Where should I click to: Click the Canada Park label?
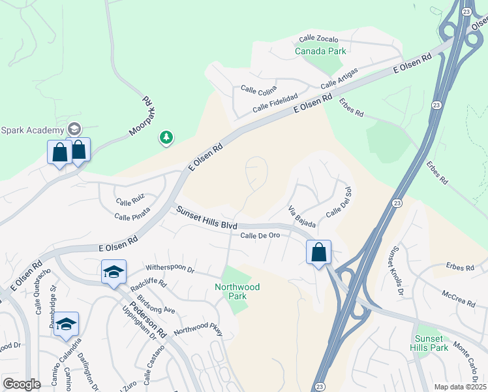click(x=320, y=51)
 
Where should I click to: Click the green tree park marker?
click(x=166, y=137)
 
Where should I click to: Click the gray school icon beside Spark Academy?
click(x=74, y=129)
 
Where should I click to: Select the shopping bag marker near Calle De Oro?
click(x=318, y=252)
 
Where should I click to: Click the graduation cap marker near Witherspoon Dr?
click(x=114, y=272)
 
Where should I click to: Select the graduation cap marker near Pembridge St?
click(x=66, y=324)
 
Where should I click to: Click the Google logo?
click(x=22, y=384)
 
